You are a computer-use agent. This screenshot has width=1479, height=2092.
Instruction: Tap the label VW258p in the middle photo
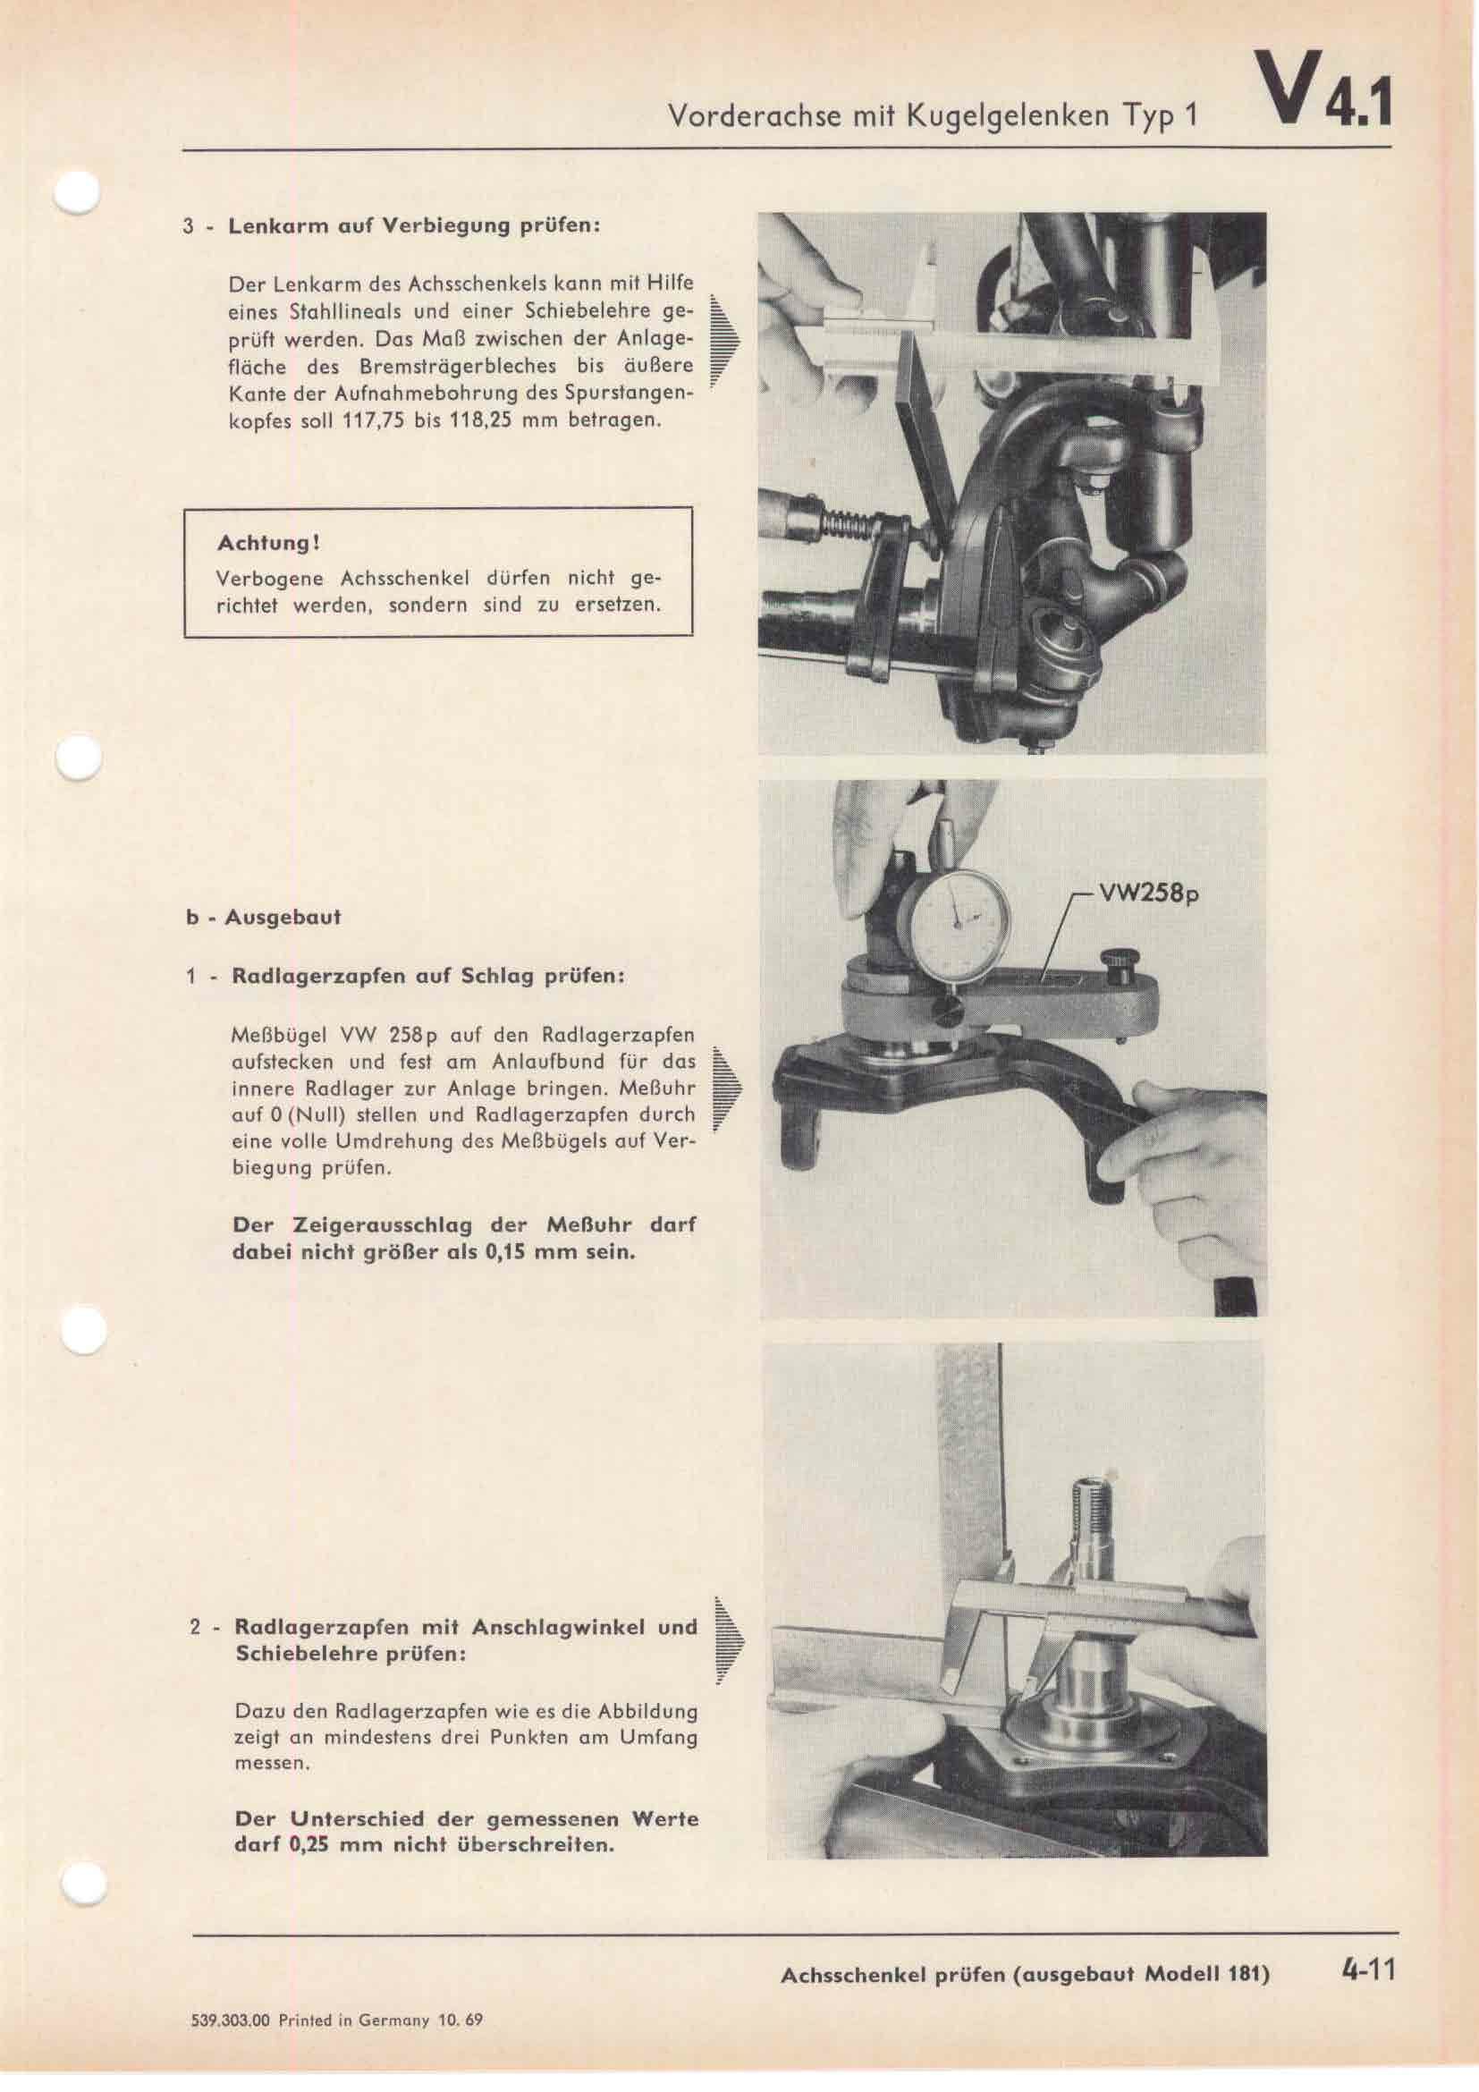click(x=1149, y=894)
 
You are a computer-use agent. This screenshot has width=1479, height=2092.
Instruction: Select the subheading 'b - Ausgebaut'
click(x=263, y=917)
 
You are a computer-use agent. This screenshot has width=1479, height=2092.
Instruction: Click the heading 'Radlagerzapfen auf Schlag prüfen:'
click(x=428, y=976)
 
